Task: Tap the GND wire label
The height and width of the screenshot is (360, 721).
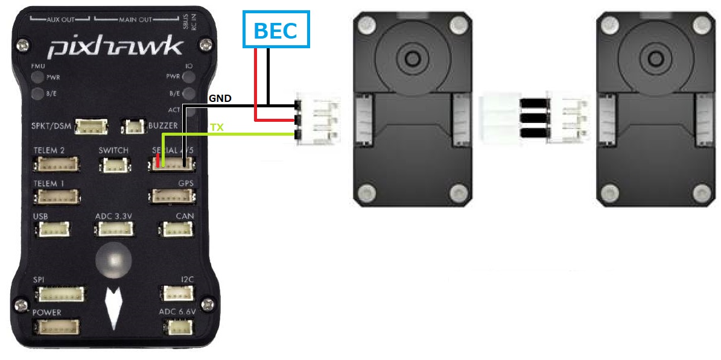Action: pyautogui.click(x=220, y=98)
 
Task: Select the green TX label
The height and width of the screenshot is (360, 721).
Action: pyautogui.click(x=216, y=128)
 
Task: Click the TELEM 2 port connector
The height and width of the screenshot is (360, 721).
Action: pyautogui.click(x=58, y=164)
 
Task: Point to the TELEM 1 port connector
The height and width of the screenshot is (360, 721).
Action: pyautogui.click(x=58, y=196)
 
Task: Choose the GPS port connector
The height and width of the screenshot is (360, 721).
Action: pyautogui.click(x=173, y=196)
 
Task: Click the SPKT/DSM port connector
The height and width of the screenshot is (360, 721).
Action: pyautogui.click(x=91, y=127)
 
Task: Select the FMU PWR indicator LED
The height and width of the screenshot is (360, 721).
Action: pyautogui.click(x=37, y=78)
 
